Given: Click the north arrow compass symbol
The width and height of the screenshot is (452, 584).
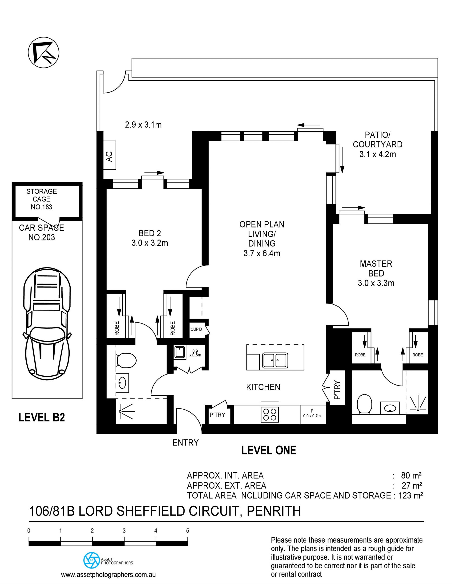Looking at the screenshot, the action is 44,52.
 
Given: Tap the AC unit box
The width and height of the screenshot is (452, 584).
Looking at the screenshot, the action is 109,155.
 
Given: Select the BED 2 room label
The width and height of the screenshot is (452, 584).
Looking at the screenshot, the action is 150,238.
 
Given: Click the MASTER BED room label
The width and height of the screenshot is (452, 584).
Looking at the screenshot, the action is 376,273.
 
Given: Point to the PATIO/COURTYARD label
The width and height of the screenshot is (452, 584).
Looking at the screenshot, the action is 378,144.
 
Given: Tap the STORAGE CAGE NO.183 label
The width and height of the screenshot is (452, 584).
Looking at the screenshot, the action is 41,199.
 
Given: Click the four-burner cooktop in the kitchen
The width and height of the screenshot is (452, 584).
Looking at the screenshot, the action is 270,414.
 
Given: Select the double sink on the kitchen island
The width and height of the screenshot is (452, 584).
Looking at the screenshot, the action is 275,360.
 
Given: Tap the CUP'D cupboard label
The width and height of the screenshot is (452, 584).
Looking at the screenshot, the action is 196,329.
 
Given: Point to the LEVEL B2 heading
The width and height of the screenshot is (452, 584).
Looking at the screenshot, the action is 42,417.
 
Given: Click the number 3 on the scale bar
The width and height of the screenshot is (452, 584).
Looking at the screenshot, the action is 124,530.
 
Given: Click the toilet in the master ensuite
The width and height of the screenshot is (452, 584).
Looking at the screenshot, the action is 365,403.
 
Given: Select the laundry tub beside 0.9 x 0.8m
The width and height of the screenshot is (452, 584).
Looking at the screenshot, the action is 180,352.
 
